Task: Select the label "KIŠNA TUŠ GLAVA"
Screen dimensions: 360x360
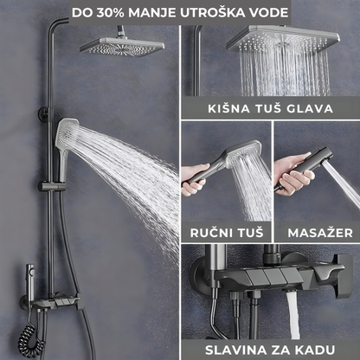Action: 270,108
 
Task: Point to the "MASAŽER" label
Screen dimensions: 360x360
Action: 316,231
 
